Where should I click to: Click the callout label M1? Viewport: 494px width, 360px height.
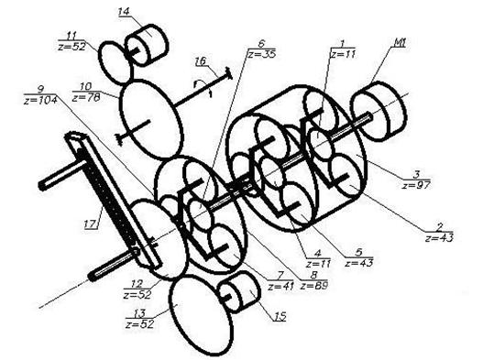pyautogui.click(x=398, y=42)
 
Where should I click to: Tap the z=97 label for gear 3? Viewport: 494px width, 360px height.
pyautogui.click(x=416, y=184)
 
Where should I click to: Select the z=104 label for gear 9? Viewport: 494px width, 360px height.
pyautogui.click(x=40, y=101)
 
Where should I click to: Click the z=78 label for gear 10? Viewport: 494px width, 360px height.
pyautogui.click(x=86, y=98)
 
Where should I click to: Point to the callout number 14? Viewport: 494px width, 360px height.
pyautogui.click(x=124, y=12)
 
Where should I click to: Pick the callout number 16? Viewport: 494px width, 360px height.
pyautogui.click(x=201, y=60)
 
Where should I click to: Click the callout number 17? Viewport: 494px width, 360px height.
pyautogui.click(x=91, y=224)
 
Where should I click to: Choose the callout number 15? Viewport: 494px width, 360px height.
pyautogui.click(x=280, y=316)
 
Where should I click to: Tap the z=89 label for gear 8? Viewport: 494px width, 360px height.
pyautogui.click(x=314, y=286)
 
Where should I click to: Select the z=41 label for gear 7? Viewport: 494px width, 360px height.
pyautogui.click(x=280, y=287)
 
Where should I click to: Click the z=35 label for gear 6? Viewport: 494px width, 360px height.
pyautogui.click(x=262, y=54)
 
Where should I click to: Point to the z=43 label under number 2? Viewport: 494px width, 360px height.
pyautogui.click(x=439, y=238)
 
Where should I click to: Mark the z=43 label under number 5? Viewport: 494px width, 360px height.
pyautogui.click(x=359, y=262)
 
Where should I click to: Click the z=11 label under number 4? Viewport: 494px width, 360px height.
pyautogui.click(x=318, y=263)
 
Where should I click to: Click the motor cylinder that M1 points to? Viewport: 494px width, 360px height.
pyautogui.click(x=379, y=111)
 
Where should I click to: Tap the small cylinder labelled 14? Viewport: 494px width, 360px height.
pyautogui.click(x=147, y=45)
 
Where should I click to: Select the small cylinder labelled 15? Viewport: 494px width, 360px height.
pyautogui.click(x=239, y=292)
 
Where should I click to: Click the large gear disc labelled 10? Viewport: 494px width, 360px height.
pyautogui.click(x=151, y=119)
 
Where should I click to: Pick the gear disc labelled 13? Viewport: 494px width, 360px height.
pyautogui.click(x=201, y=316)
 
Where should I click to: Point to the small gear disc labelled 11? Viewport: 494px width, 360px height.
pyautogui.click(x=115, y=62)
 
